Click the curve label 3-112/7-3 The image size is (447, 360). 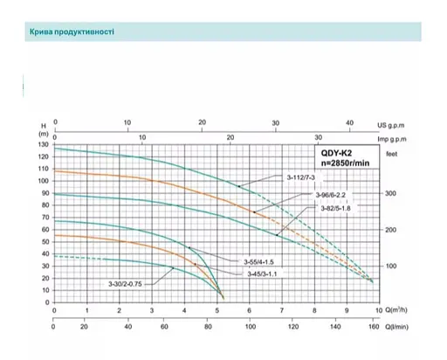(302, 178)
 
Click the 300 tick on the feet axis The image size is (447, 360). (391, 192)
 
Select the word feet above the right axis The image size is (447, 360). (391, 152)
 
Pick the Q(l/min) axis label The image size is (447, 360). (400, 322)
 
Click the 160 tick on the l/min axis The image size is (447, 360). (373, 322)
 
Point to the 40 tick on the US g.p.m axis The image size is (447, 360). (350, 123)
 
